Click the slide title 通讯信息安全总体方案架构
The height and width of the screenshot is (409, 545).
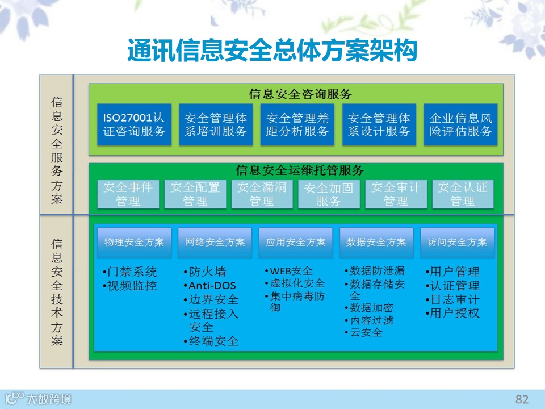pyautogui.click(x=272, y=51)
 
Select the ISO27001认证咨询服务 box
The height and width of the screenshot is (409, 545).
pyautogui.click(x=134, y=124)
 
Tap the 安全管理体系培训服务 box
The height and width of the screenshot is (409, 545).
pyautogui.click(x=216, y=124)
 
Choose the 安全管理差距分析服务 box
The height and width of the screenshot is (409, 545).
pyautogui.click(x=297, y=124)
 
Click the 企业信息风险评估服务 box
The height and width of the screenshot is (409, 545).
pyautogui.click(x=460, y=124)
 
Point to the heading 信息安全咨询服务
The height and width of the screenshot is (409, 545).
pyautogui.click(x=300, y=94)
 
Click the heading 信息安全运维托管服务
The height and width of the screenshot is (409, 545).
pyautogui.click(x=300, y=170)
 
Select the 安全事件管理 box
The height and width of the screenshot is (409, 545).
pyautogui.click(x=128, y=194)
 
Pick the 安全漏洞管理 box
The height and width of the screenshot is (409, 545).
pyautogui.click(x=262, y=194)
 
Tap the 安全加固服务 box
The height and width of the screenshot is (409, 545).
pyautogui.click(x=329, y=194)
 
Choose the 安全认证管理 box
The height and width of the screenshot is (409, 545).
pyautogui.click(x=463, y=194)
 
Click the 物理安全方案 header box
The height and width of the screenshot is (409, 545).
pyautogui.click(x=134, y=242)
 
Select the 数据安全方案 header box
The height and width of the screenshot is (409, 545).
pyautogui.click(x=376, y=242)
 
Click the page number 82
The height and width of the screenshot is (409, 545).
pyautogui.click(x=522, y=399)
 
